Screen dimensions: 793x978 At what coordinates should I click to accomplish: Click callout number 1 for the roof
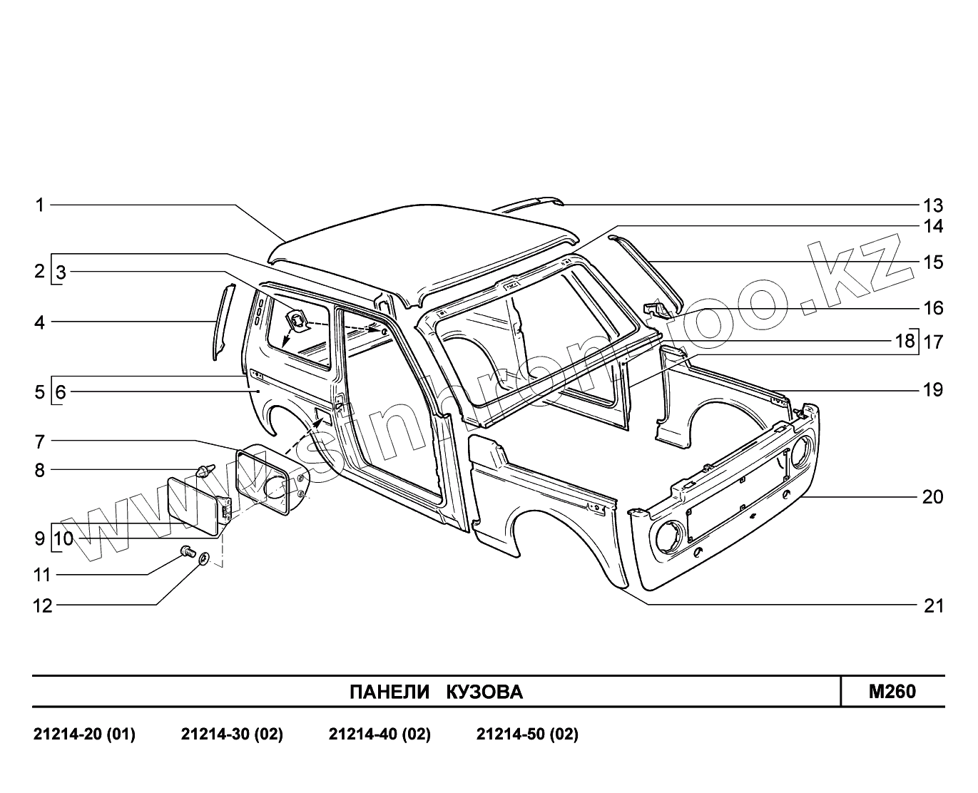coord(40,205)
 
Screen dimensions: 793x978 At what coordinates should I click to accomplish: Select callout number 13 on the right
coord(933,206)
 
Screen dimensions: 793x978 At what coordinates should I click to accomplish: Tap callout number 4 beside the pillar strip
coord(40,322)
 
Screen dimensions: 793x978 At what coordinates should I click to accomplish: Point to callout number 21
coord(933,605)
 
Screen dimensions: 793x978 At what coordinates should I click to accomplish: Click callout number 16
coord(933,308)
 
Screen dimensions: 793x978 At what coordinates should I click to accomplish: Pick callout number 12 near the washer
coord(43,605)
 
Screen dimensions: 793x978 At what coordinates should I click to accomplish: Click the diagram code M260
coord(892,691)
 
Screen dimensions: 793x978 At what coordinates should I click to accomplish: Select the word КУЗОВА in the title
coord(484,692)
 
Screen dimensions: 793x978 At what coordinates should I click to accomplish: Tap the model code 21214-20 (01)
coord(84,734)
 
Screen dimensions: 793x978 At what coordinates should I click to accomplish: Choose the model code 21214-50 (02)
coord(527,734)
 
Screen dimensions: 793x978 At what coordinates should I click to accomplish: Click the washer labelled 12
coord(204,558)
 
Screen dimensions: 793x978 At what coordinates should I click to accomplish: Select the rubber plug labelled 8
coord(204,471)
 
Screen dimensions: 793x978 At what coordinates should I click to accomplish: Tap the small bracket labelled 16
coord(656,309)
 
